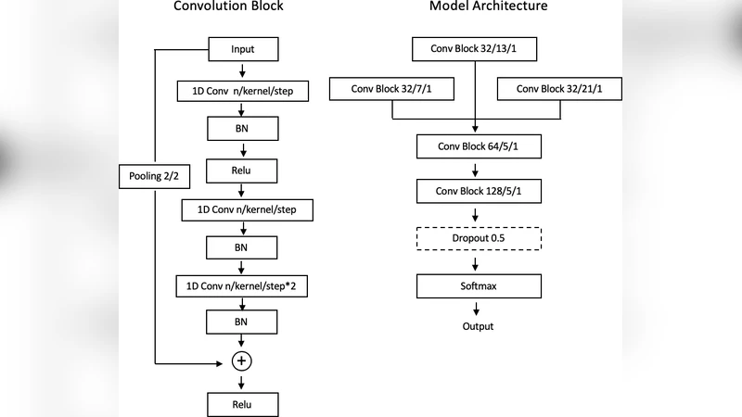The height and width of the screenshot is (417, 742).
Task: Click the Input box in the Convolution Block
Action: point(242,49)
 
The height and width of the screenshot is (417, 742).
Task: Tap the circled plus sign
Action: point(242,360)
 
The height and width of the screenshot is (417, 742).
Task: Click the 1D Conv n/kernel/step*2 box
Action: point(241,288)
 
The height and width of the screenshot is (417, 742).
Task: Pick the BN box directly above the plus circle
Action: point(242,322)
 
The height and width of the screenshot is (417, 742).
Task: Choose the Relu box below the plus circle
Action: point(242,405)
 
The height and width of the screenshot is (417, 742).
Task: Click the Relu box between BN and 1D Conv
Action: point(242,170)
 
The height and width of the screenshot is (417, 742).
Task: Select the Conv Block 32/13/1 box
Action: point(475,48)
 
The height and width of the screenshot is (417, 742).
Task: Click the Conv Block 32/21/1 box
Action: point(560,89)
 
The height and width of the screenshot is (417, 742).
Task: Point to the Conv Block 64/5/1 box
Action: point(475,146)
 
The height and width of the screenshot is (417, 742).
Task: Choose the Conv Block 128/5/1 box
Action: point(475,192)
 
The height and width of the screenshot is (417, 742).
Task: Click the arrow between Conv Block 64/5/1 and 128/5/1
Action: point(475,170)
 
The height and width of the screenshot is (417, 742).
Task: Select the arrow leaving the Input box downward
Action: point(242,70)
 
